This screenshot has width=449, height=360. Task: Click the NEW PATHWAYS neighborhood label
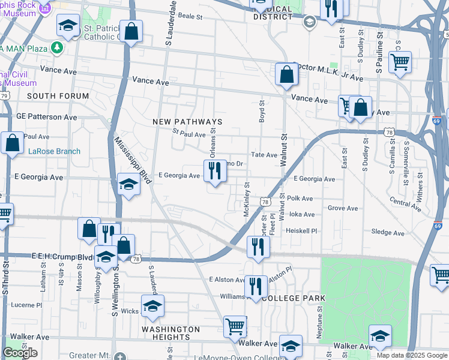pyautogui.click(x=187, y=122)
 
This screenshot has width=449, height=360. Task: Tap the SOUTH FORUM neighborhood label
pyautogui.click(x=58, y=96)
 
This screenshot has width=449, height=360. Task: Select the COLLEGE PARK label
pyautogui.click(x=294, y=298)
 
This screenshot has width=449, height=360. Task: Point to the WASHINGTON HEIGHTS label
pyautogui.click(x=170, y=334)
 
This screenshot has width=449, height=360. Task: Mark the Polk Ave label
pyautogui.click(x=300, y=198)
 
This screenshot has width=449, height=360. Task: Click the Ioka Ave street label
pyautogui.click(x=301, y=214)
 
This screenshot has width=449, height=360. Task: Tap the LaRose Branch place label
pyautogui.click(x=54, y=151)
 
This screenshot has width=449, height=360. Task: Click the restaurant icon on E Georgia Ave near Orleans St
pyautogui.click(x=215, y=172)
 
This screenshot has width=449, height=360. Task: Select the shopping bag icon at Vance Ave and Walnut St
pyautogui.click(x=287, y=74)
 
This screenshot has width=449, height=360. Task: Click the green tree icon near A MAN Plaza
pyautogui.click(x=57, y=47)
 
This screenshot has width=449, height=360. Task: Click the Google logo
pyautogui.click(x=20, y=353)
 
